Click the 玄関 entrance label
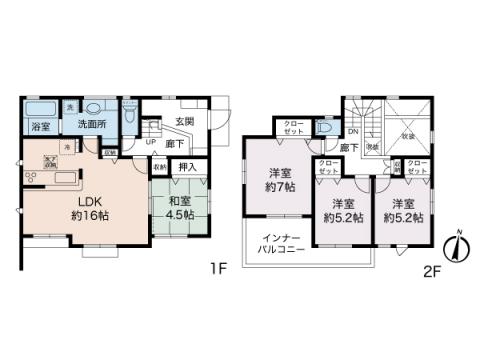[x=185, y=124]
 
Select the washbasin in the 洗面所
[x=95, y=108]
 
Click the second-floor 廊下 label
[x=348, y=148]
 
